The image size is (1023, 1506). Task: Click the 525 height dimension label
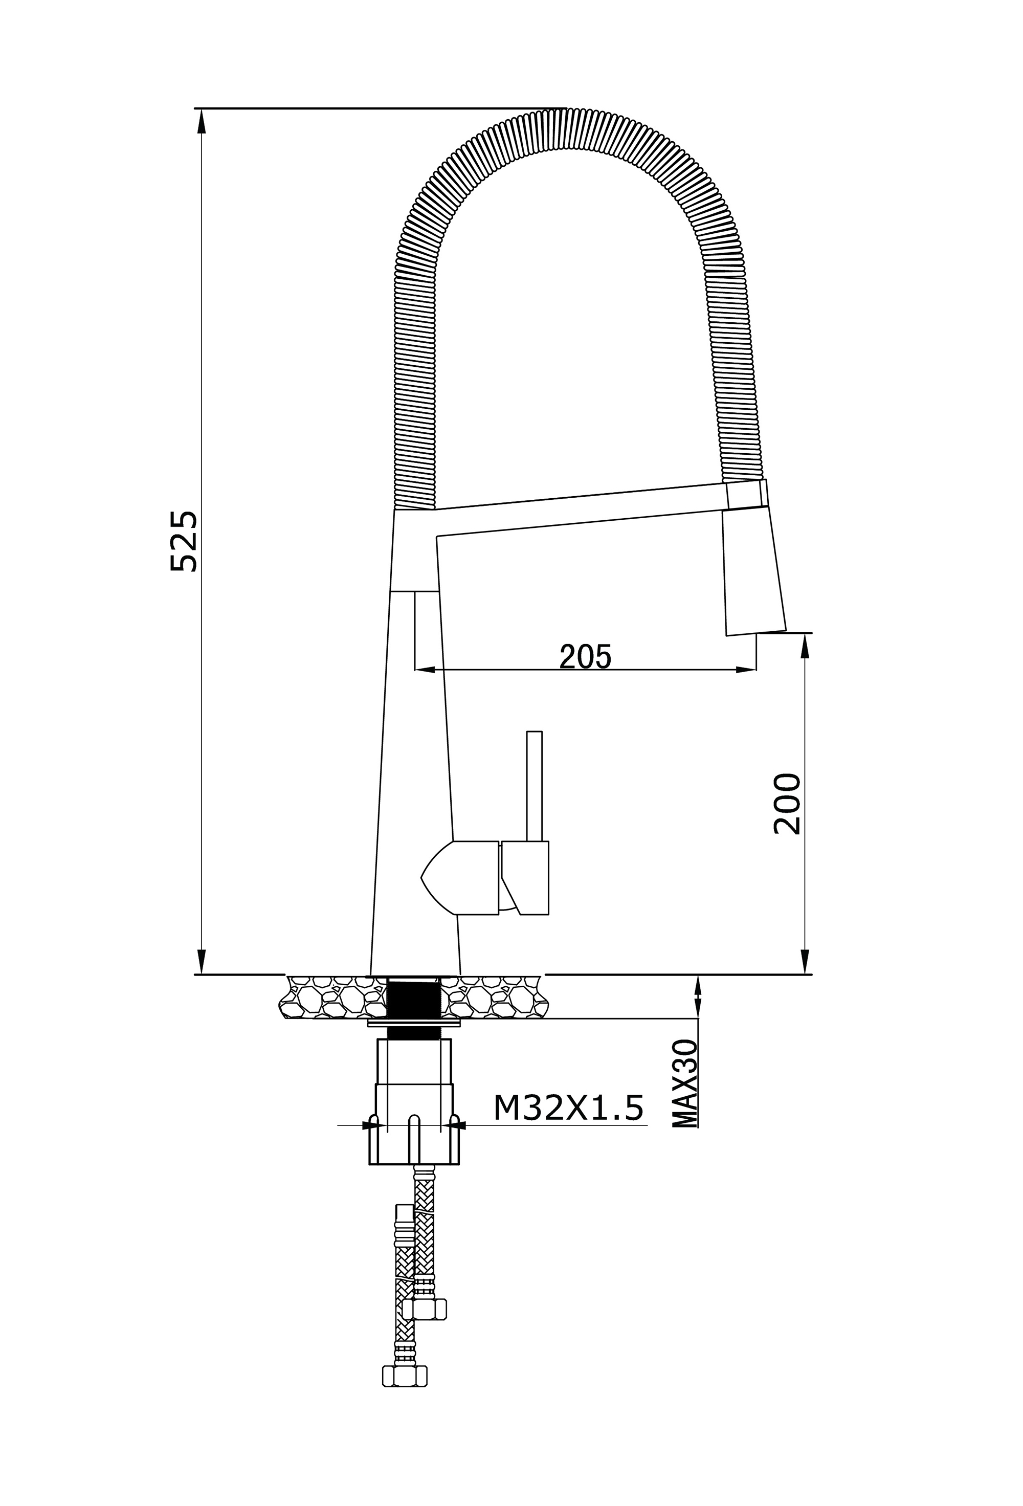pyautogui.click(x=183, y=541)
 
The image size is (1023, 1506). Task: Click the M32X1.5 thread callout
pyautogui.click(x=568, y=1108)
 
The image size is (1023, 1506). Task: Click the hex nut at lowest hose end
pyautogui.click(x=405, y=1393)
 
